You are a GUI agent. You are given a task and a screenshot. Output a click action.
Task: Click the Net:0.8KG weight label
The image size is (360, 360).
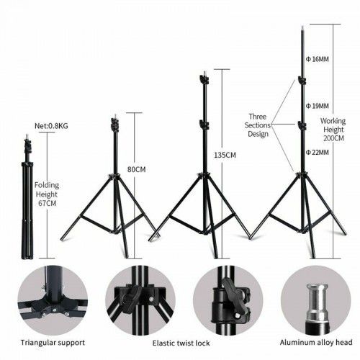[51, 126]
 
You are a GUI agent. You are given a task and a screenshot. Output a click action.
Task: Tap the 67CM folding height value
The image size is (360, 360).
[48, 203]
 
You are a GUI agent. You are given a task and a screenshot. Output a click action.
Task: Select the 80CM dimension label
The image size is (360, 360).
[136, 169]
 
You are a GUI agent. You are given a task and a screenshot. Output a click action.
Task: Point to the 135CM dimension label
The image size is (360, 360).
[225, 155]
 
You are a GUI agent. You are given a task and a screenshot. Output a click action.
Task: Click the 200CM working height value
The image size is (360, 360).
[333, 138]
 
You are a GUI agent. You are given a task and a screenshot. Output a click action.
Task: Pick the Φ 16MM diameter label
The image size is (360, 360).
[318, 59]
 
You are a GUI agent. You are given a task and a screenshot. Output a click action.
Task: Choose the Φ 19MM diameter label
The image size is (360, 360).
[318, 106]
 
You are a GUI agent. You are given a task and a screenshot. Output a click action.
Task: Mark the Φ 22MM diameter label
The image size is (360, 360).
[318, 152]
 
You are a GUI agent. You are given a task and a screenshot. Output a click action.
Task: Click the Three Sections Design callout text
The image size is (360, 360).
[258, 125]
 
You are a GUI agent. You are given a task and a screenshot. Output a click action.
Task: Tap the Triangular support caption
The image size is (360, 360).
[53, 343]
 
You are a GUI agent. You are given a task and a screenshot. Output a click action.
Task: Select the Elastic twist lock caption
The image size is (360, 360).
[181, 343]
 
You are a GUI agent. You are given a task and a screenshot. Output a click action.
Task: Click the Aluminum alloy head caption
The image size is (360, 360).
[316, 342]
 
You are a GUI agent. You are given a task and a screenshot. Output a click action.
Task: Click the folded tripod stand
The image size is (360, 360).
[27, 197]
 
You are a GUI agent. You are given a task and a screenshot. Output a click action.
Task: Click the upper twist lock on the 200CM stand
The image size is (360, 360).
[302, 80]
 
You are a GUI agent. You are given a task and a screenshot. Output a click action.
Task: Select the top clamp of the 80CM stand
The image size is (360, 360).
[115, 125]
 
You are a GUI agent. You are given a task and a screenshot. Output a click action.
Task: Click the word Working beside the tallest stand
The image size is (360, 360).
[333, 121]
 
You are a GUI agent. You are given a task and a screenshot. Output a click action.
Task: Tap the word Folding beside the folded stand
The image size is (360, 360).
[47, 185]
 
